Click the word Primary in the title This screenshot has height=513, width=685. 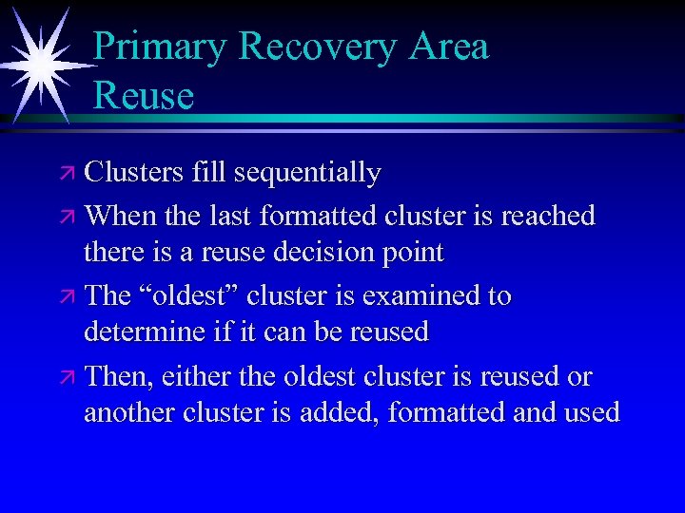point(160,47)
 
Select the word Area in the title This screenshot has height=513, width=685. point(446,47)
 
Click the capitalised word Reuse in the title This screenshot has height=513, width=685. point(144,95)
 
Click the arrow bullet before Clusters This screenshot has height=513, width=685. point(67,174)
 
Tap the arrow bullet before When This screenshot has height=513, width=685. point(67,217)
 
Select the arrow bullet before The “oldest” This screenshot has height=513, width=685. point(67,297)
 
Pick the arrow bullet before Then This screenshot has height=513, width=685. point(67,378)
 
